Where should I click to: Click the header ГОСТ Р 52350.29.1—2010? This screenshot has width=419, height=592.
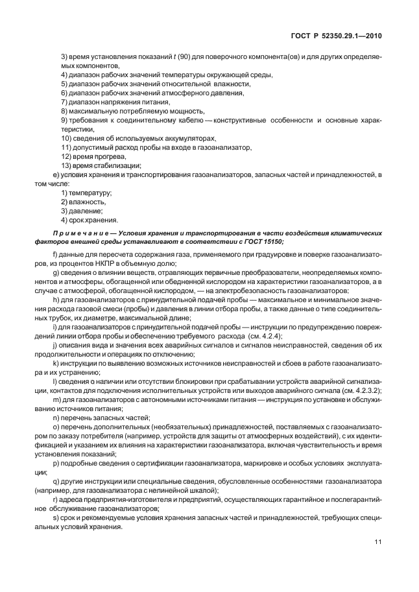coord(336,36)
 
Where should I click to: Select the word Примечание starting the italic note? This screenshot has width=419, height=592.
coord(78,231)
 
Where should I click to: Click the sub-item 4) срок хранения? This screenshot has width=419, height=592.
coord(89,219)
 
